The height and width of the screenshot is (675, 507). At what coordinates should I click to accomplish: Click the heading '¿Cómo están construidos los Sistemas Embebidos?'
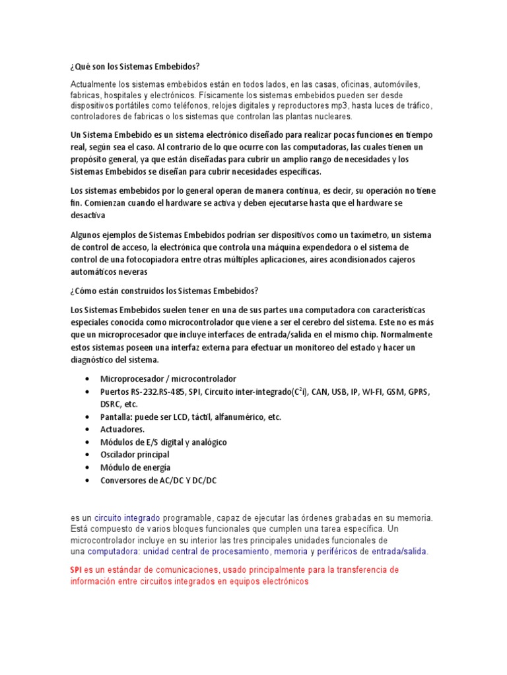(164, 291)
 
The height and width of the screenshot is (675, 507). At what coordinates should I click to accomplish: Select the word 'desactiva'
(86, 215)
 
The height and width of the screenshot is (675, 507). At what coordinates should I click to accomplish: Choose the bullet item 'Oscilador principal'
(135, 455)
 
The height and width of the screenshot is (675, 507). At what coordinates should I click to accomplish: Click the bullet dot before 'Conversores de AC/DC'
(88, 481)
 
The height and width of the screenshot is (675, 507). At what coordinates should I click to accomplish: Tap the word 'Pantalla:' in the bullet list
(118, 417)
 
